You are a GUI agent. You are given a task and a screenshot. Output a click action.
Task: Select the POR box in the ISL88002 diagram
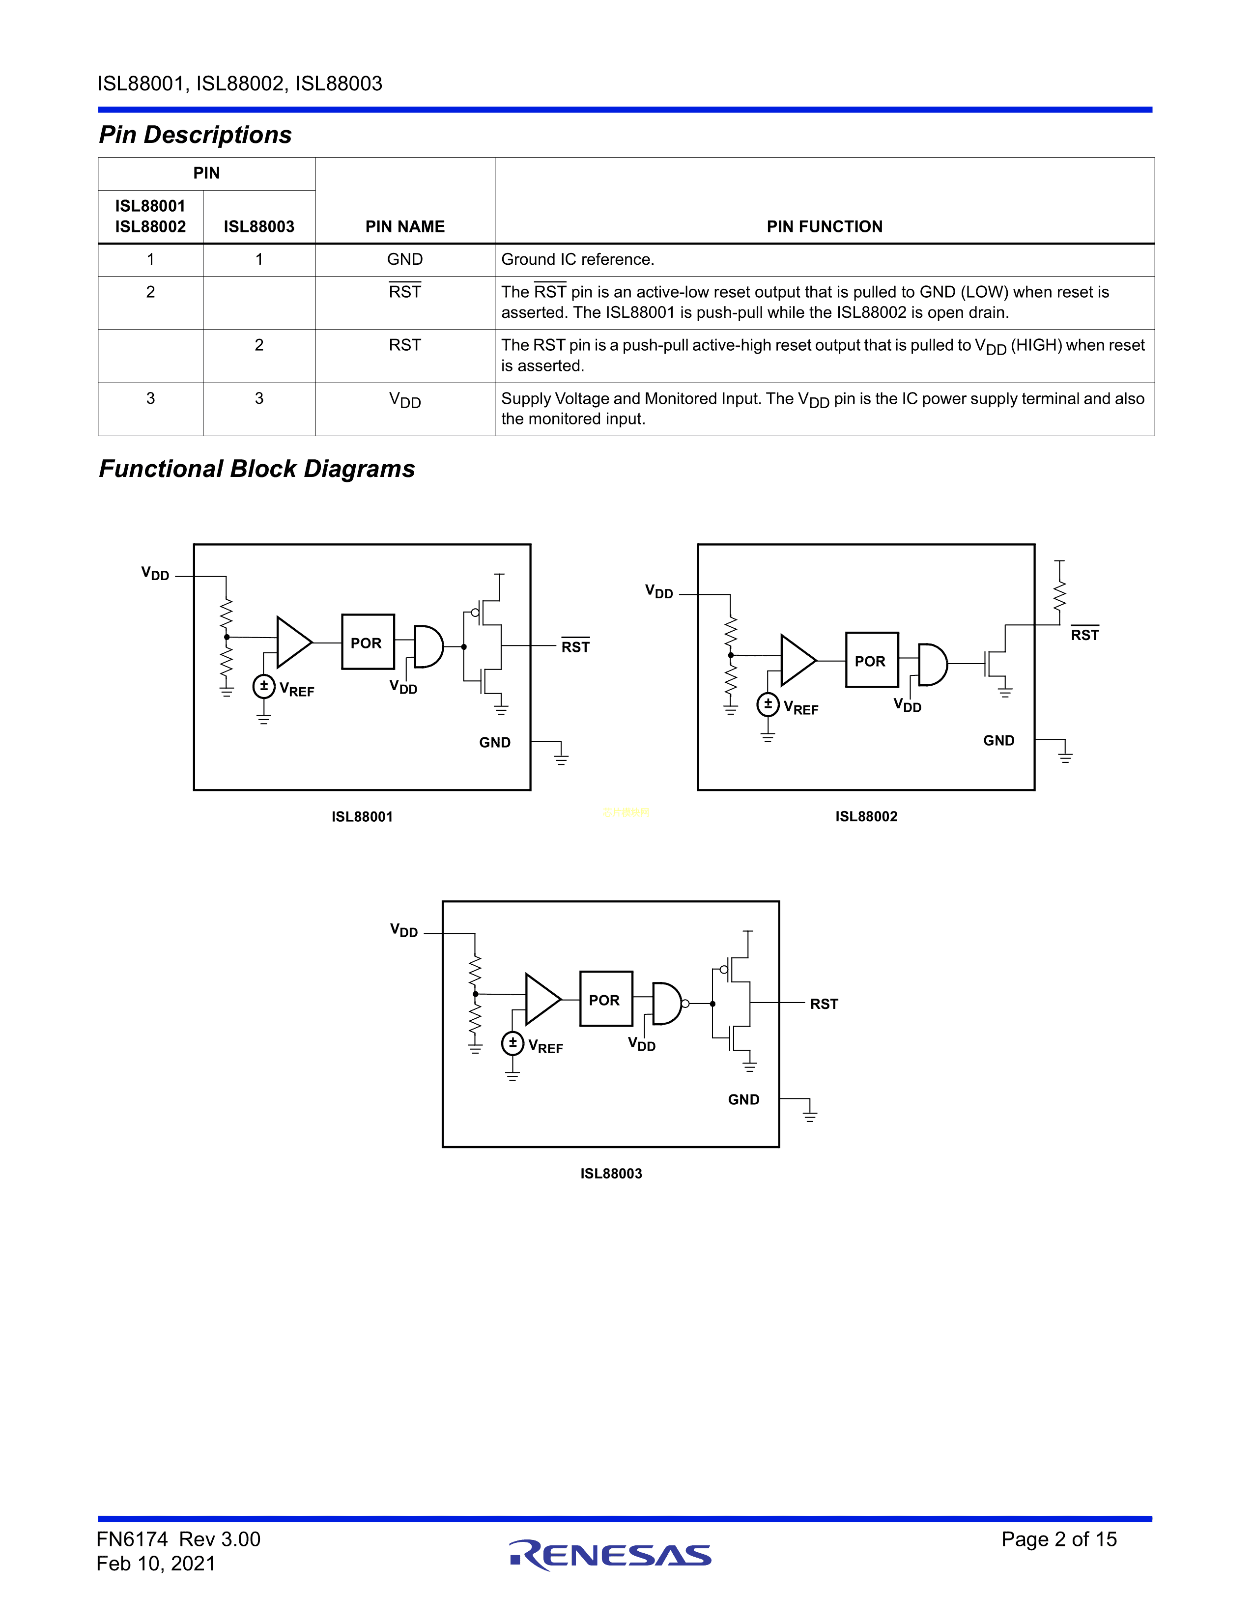[x=872, y=660]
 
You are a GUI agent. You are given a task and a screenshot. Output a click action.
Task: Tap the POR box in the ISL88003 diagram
[x=606, y=999]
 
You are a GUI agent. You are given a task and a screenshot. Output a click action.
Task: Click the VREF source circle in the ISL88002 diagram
[x=768, y=703]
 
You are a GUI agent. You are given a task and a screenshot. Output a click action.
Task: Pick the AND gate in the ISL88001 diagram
[x=429, y=646]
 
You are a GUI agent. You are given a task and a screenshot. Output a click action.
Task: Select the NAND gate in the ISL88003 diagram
[x=670, y=1004]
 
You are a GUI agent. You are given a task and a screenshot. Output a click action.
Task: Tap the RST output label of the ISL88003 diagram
[x=824, y=1004]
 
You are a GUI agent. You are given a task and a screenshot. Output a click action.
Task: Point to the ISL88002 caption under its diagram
[x=866, y=816]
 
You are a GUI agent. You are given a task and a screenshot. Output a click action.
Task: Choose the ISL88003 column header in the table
[x=259, y=226]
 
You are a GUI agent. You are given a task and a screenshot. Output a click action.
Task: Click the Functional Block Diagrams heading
[x=257, y=469]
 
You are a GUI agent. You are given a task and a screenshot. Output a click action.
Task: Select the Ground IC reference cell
[x=577, y=259]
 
